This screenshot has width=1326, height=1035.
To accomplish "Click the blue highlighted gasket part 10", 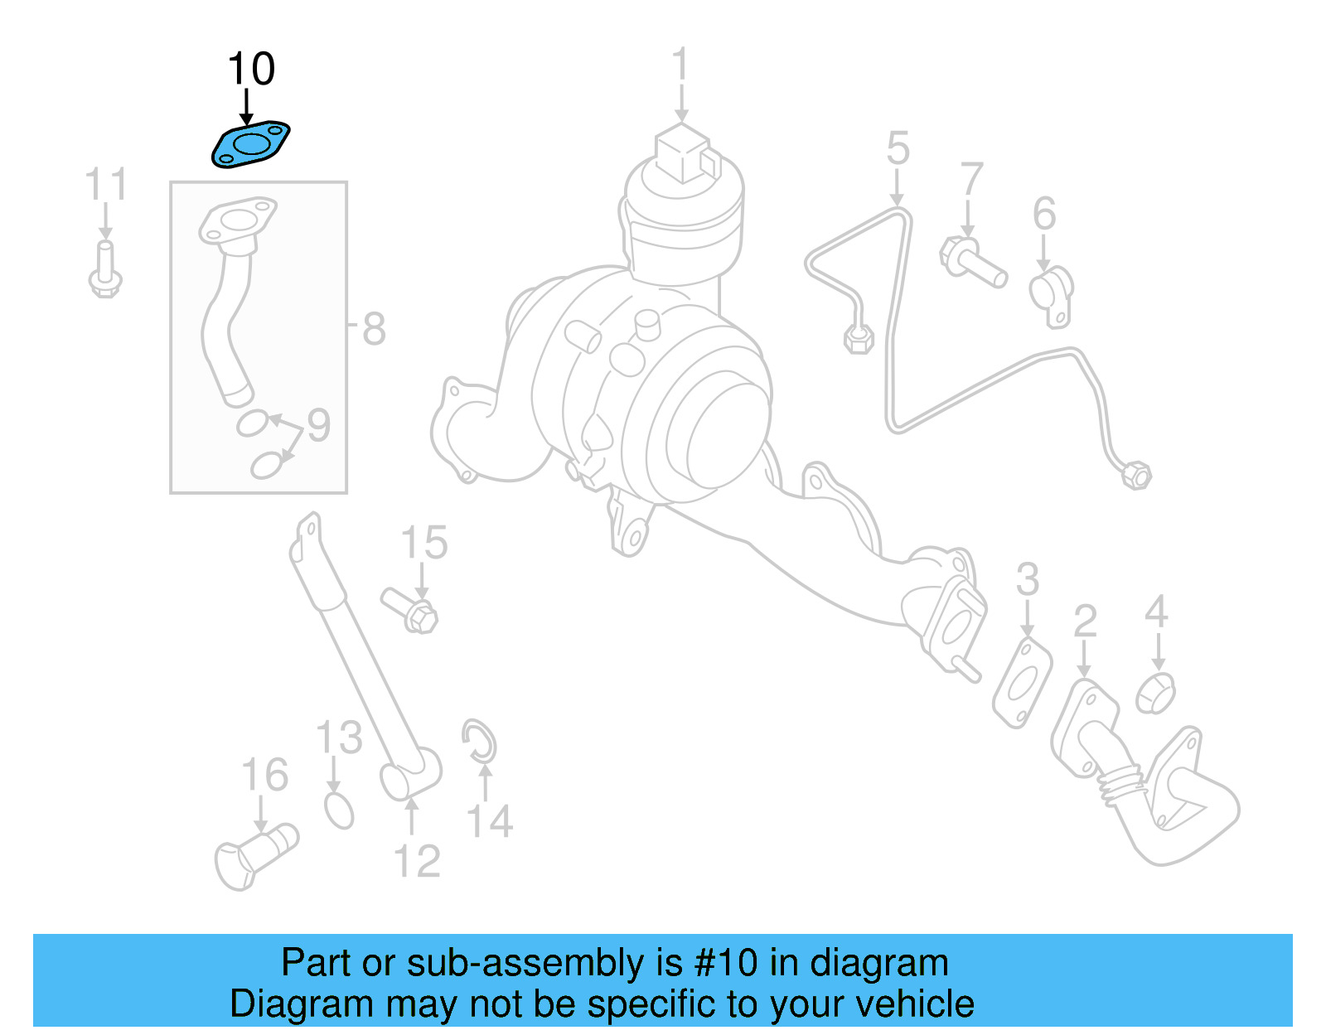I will (250, 145).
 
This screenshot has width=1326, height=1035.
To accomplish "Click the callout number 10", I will (251, 69).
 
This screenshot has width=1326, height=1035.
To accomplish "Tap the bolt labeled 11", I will (105, 269).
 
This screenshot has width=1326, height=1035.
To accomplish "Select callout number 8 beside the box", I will (374, 329).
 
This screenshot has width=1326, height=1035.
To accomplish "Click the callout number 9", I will (319, 425).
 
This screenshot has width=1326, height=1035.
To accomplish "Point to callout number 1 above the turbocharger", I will (680, 65).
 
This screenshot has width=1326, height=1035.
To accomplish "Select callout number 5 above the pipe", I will (898, 149).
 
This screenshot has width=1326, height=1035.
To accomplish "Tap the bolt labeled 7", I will (973, 262).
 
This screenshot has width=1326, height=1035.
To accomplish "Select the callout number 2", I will (1085, 621).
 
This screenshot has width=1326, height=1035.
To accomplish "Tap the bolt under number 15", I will (410, 609).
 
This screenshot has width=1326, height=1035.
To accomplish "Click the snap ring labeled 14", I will (479, 740).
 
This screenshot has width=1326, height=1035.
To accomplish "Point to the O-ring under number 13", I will (339, 810).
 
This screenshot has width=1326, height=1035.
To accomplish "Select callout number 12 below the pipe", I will (417, 862).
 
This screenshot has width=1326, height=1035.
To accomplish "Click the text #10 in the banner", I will (726, 963).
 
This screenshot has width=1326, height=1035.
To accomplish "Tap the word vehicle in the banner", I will (914, 1004).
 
